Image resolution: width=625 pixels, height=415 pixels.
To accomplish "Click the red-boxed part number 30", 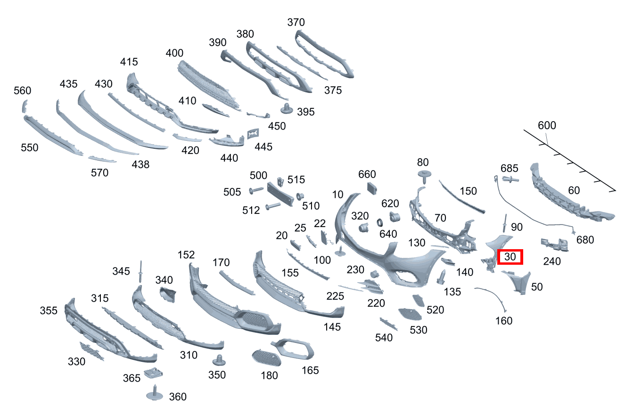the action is point(510,257).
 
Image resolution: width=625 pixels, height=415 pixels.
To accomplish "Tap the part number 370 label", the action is point(296,22).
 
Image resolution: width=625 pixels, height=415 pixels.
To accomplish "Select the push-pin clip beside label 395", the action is point(287,108).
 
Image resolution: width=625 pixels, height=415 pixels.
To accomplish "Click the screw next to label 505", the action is point(256,190).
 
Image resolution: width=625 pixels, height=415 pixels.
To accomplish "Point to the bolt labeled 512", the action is point(273,206).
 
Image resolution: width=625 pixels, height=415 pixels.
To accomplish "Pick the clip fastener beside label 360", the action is point(154,393).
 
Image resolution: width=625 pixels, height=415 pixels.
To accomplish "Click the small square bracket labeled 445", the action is point(253,134).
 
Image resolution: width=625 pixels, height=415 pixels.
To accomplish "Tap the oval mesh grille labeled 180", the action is point(266,358).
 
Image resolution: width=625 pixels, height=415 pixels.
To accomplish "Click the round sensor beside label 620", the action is point(395,217).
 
